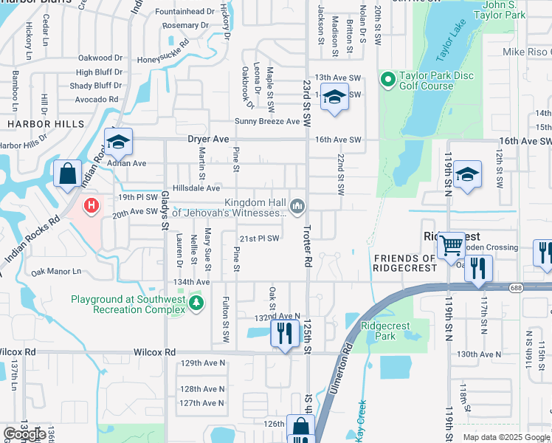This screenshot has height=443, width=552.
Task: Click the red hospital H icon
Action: [92, 205]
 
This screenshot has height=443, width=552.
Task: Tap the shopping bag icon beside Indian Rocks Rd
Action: [67, 174]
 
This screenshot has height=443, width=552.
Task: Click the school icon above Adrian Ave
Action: [117, 140]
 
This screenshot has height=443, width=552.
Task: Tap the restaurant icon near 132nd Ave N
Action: [283, 332]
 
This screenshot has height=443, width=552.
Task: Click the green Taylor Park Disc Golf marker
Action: [387, 78]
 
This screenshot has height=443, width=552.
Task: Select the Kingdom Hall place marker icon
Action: [297, 206]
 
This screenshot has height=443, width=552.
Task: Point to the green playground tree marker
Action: [196, 303]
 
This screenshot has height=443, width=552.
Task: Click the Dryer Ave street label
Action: [211, 139]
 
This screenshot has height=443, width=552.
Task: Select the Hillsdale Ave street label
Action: [196, 188]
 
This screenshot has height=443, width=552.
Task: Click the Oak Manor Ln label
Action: [56, 272]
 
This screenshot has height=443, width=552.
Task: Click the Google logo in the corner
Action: [24, 434]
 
